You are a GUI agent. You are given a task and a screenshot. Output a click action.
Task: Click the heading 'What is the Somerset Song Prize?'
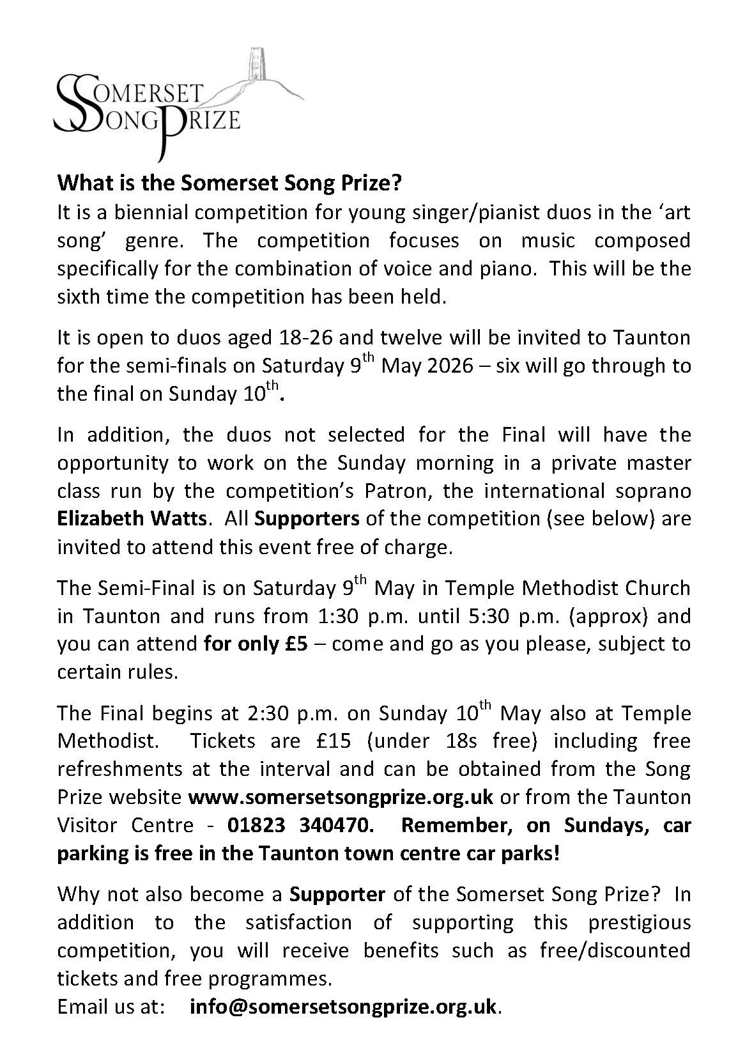pyautogui.click(x=229, y=183)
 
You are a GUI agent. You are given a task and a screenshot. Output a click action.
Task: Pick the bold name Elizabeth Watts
pyautogui.click(x=132, y=518)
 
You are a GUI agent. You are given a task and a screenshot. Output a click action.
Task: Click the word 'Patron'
pyautogui.click(x=401, y=490)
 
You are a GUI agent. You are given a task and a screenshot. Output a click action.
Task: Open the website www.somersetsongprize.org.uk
pyautogui.click(x=341, y=797)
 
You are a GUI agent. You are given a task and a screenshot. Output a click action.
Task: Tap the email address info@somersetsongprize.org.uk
pyautogui.click(x=343, y=1007)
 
